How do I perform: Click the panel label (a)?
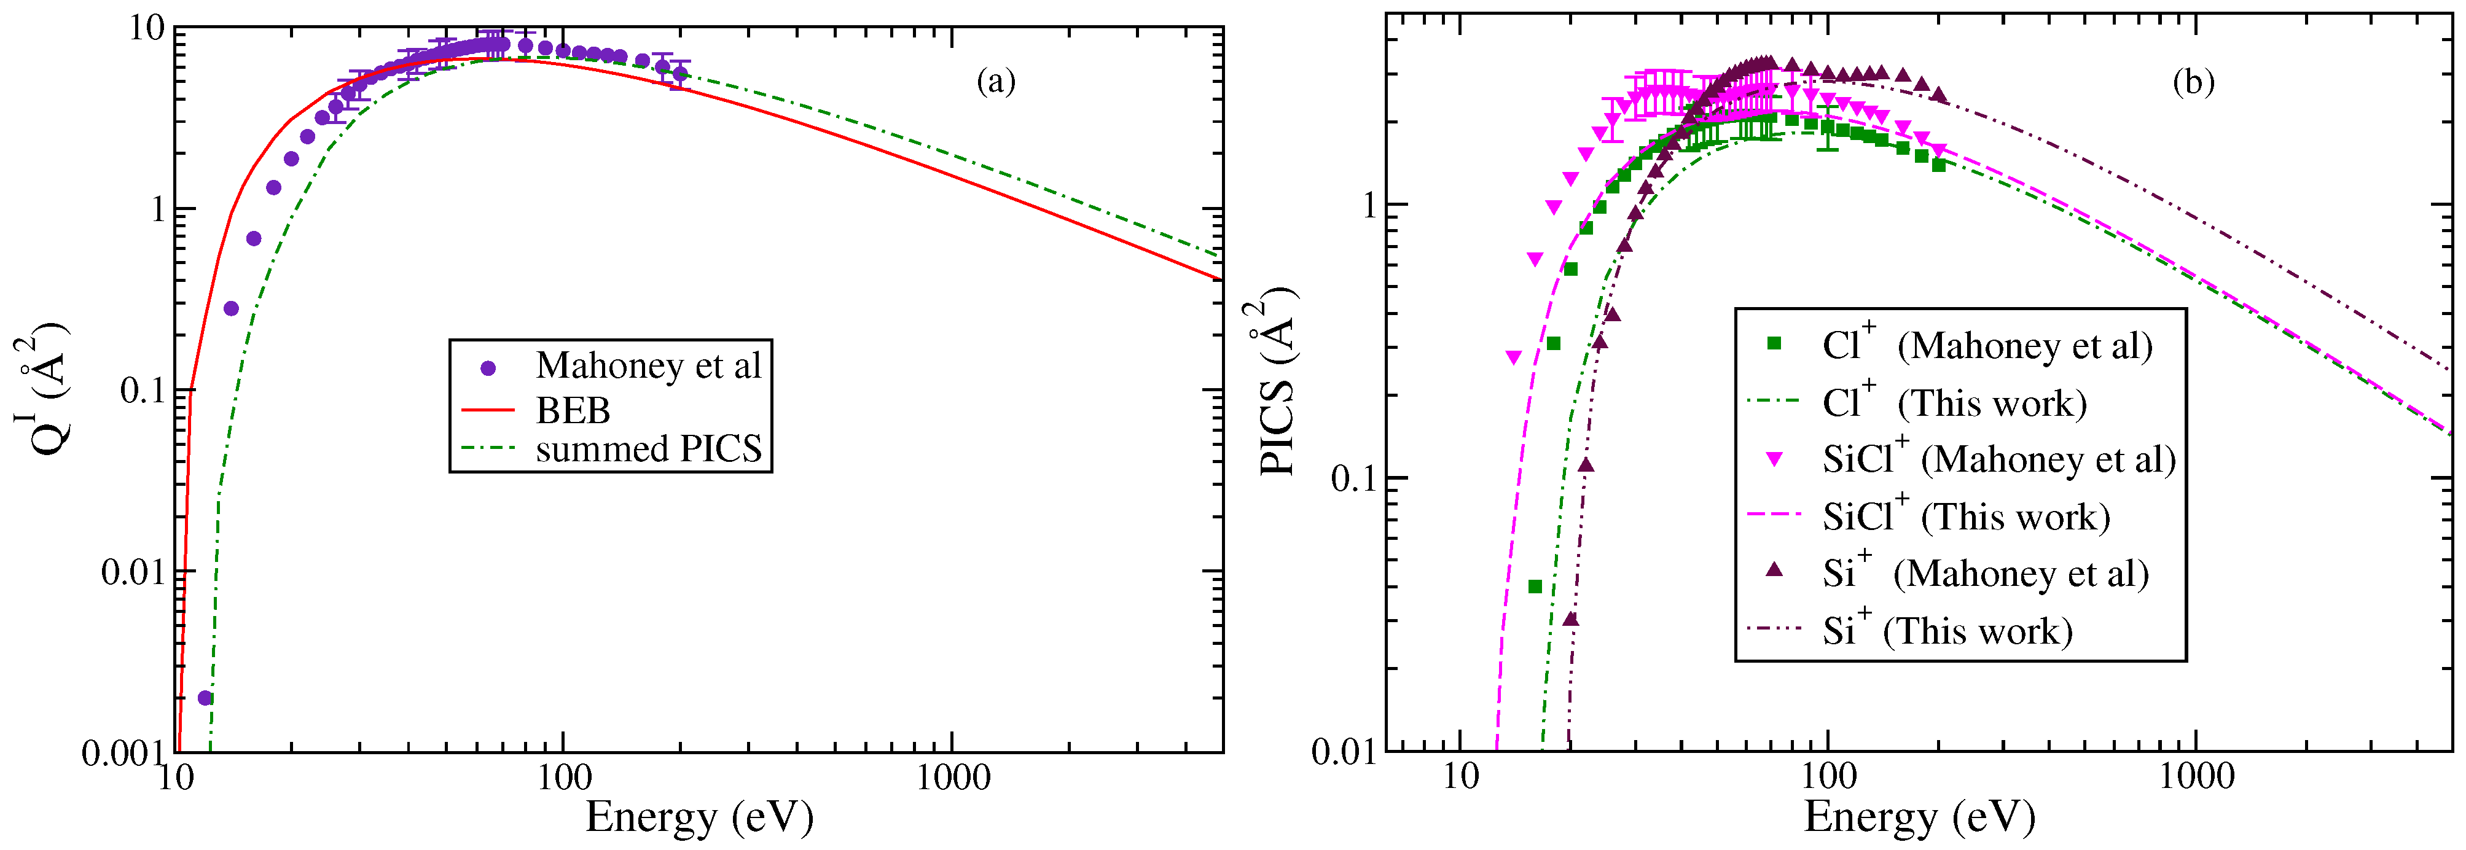click(996, 82)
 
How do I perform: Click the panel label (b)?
click(2192, 84)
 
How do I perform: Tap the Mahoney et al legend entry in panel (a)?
click(648, 365)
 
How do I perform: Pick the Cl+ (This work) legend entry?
click(1953, 402)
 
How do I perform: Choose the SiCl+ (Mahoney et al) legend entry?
click(1998, 459)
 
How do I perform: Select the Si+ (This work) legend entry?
click(1946, 630)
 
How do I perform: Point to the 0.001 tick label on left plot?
click(122, 754)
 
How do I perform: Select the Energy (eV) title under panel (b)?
click(1919, 816)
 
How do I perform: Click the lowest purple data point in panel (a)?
click(205, 698)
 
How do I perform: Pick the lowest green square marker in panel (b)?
click(1535, 587)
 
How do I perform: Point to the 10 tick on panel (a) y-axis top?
click(149, 29)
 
